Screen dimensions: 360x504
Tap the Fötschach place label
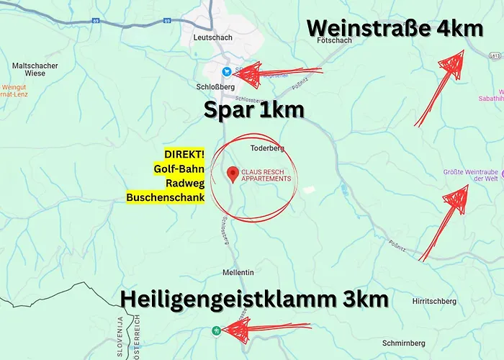pyautogui.click(x=333, y=41)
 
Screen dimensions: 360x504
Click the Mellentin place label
pyautogui.click(x=239, y=273)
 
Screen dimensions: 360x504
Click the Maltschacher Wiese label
pyautogui.click(x=35, y=70)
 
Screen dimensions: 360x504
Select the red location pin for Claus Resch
pyautogui.click(x=233, y=174)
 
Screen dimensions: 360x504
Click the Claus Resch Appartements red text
pyautogui.click(x=266, y=175)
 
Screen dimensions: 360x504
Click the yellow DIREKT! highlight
pyautogui.click(x=184, y=155)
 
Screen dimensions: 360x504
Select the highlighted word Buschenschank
pyautogui.click(x=165, y=197)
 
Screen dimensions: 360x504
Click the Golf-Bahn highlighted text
pyautogui.click(x=179, y=169)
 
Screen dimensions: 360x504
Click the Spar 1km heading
pyautogui.click(x=253, y=111)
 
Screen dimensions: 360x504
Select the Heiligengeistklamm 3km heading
pyautogui.click(x=254, y=300)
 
